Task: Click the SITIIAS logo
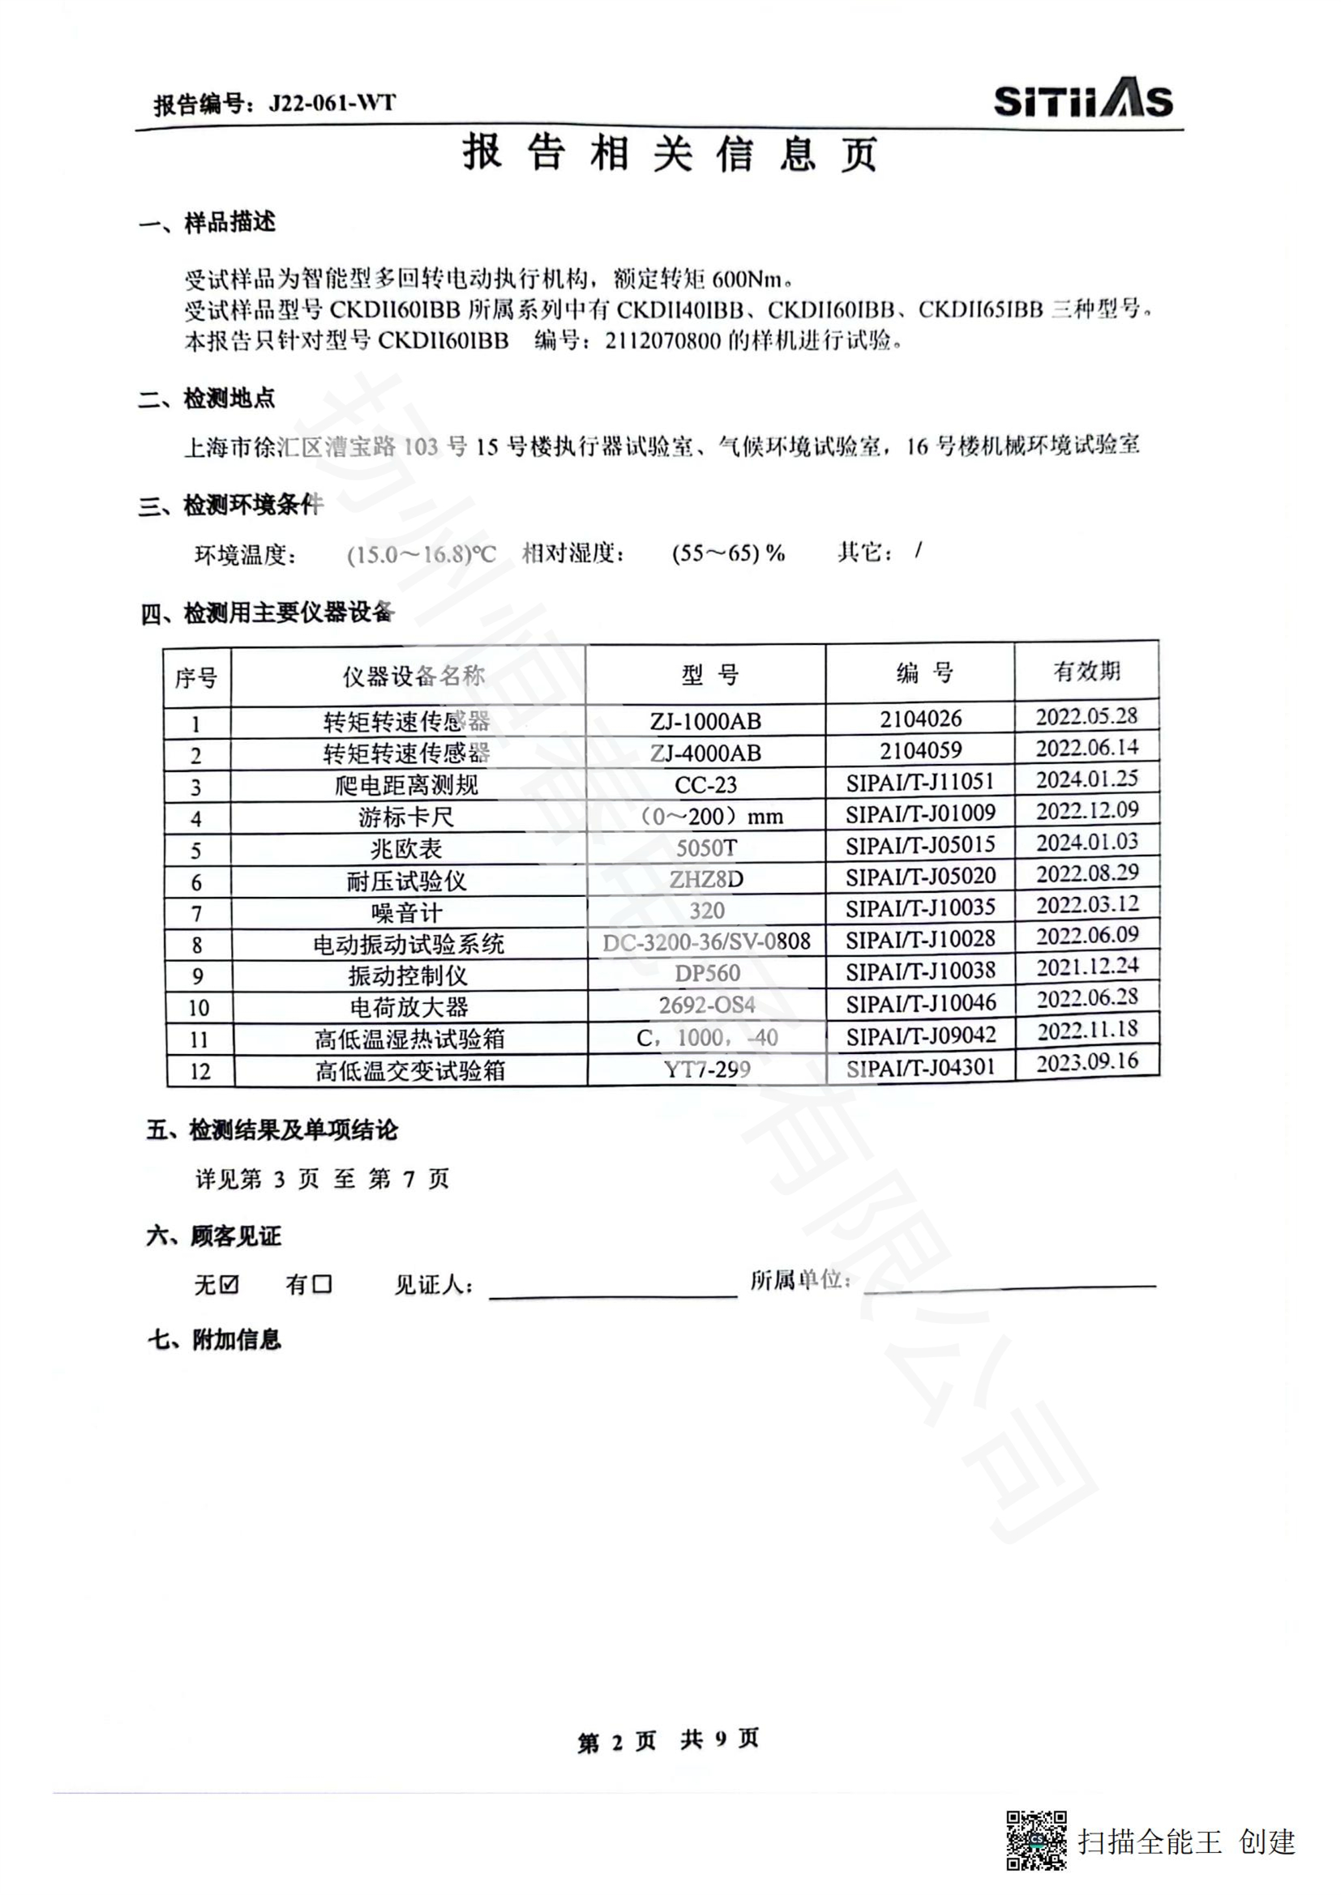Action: pyautogui.click(x=1082, y=101)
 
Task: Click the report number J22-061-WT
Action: pyautogui.click(x=331, y=104)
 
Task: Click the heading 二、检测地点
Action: pyautogui.click(x=207, y=399)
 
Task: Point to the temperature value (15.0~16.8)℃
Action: pyautogui.click(x=421, y=554)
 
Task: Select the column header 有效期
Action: pyautogui.click(x=1086, y=671)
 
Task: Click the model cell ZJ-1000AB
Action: pyautogui.click(x=705, y=721)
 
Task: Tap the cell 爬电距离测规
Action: pyautogui.click(x=407, y=785)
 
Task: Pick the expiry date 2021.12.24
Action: pyautogui.click(x=1087, y=967)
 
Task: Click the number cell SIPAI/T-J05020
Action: pyautogui.click(x=920, y=877)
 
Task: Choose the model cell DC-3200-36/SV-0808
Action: pyautogui.click(x=706, y=941)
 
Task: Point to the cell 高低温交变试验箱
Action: pyautogui.click(x=409, y=1070)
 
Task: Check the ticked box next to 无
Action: pyautogui.click(x=229, y=1284)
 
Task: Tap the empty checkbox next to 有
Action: pyautogui.click(x=322, y=1284)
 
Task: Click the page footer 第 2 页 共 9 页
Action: pyautogui.click(x=668, y=1740)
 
